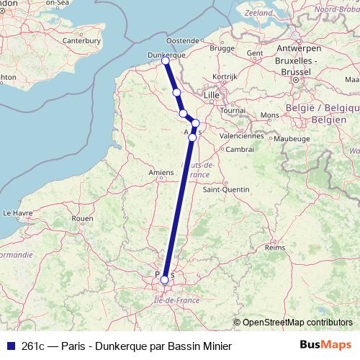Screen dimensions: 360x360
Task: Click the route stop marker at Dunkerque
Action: (x=166, y=60)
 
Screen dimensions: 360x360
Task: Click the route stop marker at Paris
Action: (x=165, y=279)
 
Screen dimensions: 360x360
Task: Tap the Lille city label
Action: (x=212, y=94)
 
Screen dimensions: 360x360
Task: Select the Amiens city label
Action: (x=161, y=172)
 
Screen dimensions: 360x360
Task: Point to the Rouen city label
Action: (x=83, y=218)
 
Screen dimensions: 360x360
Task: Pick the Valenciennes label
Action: (x=241, y=135)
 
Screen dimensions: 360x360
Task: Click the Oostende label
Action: (x=182, y=40)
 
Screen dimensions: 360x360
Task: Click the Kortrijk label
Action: (x=225, y=76)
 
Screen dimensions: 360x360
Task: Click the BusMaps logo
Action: (x=325, y=344)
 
